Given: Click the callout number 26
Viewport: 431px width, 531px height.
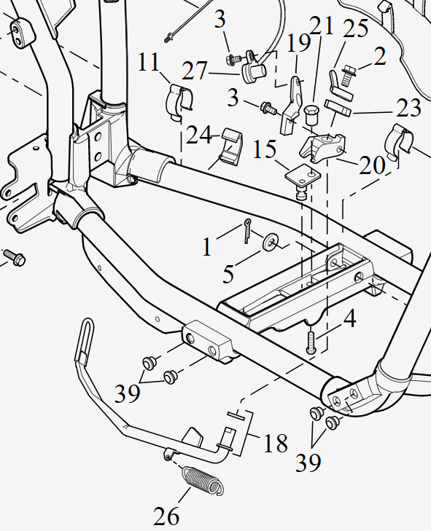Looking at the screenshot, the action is (x=166, y=516).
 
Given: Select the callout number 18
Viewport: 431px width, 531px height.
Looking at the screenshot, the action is (x=276, y=443).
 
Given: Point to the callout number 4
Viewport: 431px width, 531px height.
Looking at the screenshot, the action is (x=349, y=319).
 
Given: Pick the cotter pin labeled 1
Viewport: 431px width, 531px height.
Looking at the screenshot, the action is (x=247, y=231).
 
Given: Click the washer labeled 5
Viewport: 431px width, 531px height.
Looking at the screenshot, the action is (x=271, y=241).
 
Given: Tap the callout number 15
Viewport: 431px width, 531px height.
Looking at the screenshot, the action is (x=265, y=149).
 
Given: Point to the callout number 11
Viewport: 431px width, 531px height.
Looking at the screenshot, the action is (x=149, y=62).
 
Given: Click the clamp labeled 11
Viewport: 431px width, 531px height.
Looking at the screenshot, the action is (x=180, y=101).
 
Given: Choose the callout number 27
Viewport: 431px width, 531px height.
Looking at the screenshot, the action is (x=194, y=71).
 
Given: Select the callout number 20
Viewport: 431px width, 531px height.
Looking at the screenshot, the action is (x=372, y=165).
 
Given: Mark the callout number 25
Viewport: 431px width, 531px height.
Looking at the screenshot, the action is (x=356, y=28).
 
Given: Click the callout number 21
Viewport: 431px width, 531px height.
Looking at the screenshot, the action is (x=322, y=25).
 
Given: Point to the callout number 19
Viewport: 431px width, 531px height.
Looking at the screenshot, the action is (x=298, y=43).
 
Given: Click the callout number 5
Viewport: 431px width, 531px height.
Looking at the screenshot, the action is (x=228, y=274).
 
